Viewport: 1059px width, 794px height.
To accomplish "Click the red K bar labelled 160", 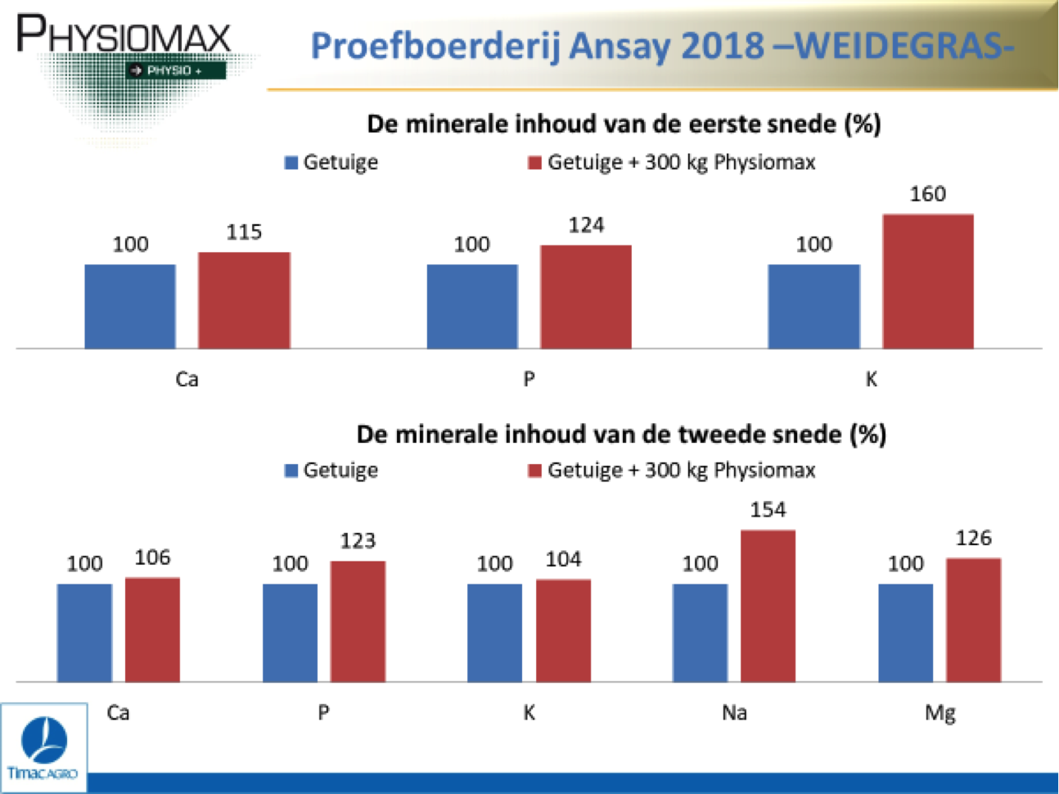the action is [928, 282].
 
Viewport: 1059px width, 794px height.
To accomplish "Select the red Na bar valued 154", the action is [768, 606].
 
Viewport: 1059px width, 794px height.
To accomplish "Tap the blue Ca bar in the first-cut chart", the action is [130, 306].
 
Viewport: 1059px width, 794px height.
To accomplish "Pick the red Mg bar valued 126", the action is [974, 620].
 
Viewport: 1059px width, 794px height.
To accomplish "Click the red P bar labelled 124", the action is [586, 296].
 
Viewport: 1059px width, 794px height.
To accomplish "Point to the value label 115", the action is [244, 232].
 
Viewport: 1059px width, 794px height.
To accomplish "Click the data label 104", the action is [564, 560].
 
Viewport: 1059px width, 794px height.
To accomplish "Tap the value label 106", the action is [152, 557].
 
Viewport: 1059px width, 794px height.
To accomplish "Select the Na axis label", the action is [734, 712].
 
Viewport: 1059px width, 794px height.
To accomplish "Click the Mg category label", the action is [940, 714].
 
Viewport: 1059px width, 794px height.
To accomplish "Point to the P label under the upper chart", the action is [529, 380].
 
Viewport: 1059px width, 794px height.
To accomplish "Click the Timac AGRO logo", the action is [43, 748].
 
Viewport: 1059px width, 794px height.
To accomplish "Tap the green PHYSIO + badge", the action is [176, 70].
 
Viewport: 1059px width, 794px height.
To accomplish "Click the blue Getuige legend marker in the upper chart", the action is [291, 163].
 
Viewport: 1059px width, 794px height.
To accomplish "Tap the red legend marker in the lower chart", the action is [534, 471].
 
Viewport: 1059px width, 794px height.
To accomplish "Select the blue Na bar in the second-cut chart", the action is [700, 633].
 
